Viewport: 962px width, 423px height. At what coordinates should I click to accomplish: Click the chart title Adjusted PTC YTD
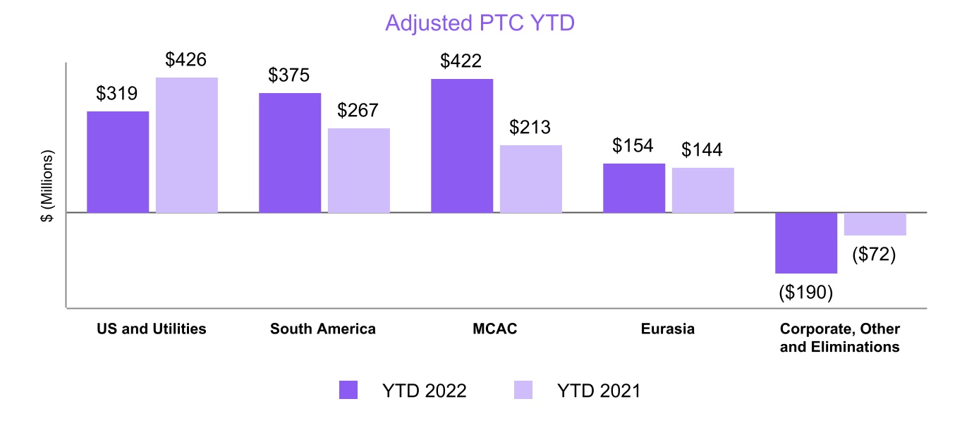(480, 23)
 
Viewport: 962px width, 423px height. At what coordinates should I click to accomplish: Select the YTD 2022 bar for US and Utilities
(118, 161)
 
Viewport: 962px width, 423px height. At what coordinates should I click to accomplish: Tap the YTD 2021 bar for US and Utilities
(187, 145)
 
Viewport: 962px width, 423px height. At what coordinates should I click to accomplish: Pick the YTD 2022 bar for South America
(290, 152)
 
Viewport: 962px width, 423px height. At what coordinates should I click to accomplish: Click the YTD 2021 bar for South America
(359, 170)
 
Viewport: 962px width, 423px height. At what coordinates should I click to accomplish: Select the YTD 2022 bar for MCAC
(462, 145)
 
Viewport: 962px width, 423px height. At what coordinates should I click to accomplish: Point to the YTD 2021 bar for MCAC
(531, 178)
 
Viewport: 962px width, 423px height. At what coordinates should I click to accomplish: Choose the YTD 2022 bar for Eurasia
(634, 188)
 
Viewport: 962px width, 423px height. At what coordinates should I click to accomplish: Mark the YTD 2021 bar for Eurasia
(703, 190)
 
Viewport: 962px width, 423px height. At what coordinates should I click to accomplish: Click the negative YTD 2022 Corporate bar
(806, 243)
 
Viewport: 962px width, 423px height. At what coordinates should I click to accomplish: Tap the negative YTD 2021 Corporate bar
(875, 224)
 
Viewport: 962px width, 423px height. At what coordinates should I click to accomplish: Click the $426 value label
(186, 60)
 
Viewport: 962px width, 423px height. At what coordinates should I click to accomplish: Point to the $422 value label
(461, 61)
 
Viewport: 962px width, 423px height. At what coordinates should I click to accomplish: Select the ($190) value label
(806, 292)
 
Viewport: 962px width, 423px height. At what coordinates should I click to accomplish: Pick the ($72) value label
(875, 255)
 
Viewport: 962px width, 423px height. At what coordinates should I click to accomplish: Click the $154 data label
(633, 146)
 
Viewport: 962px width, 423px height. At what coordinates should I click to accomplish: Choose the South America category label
(323, 329)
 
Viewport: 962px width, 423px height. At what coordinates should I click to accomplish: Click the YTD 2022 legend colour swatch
(348, 390)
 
